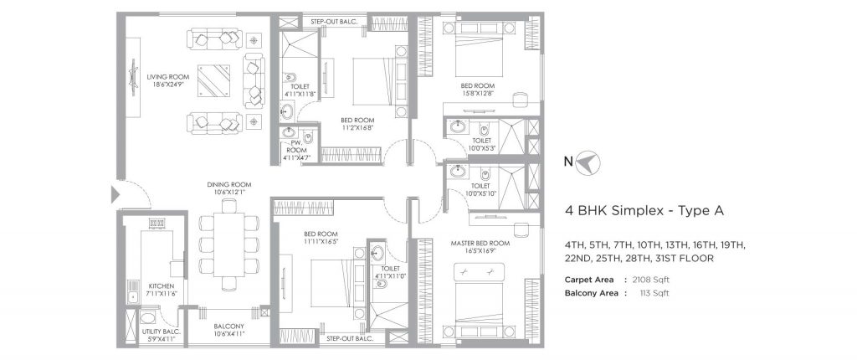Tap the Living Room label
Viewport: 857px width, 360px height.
pyautogui.click(x=167, y=80)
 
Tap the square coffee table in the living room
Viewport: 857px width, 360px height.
pyautogui.click(x=219, y=81)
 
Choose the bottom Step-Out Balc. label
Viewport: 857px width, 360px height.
pyautogui.click(x=349, y=339)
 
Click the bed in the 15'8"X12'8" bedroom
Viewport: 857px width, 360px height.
pyautogui.click(x=476, y=54)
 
